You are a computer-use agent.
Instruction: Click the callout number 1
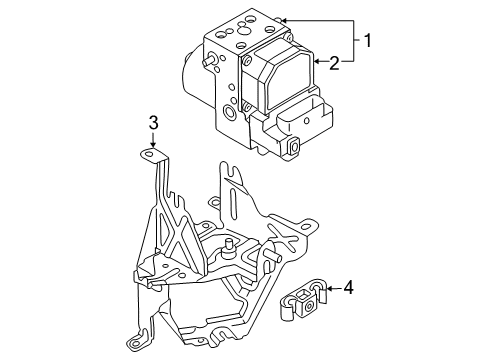(367, 41)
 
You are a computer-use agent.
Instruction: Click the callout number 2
(334, 63)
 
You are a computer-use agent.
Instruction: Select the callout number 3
(153, 123)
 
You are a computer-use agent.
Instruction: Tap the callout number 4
(348, 287)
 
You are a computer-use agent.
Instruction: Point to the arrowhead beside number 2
(317, 61)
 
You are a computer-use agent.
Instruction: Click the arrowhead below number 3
(153, 145)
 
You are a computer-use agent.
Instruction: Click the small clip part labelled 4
(303, 299)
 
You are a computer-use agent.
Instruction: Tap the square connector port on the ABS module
(293, 146)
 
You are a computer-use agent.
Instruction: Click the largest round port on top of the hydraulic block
(243, 31)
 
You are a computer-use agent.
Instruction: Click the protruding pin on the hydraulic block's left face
(209, 60)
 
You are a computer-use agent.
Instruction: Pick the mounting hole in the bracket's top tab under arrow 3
(149, 154)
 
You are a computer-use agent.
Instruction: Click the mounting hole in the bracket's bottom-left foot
(134, 343)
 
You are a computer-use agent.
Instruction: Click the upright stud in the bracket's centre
(229, 247)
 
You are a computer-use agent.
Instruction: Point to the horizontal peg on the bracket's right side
(272, 256)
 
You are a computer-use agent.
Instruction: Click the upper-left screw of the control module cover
(247, 60)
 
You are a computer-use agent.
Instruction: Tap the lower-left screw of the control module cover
(247, 107)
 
